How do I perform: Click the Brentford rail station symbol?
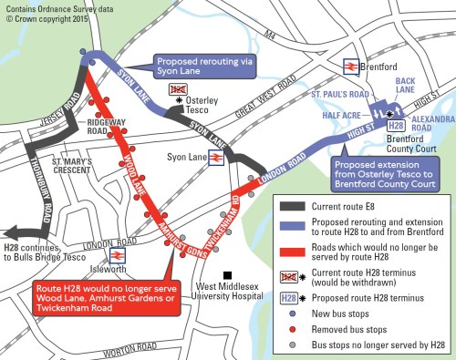[x=349, y=66]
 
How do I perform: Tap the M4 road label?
[x=267, y=36]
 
